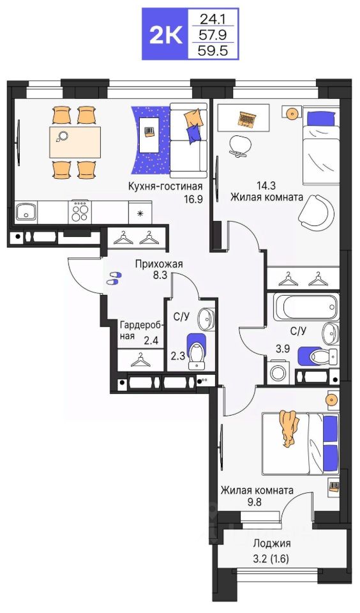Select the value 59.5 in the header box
point(213,50)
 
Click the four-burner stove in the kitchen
point(80,212)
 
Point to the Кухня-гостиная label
point(165,186)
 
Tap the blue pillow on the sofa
point(193,133)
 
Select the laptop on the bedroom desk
point(247,117)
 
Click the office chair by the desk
point(239,146)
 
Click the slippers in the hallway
point(114,278)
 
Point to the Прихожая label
point(159,264)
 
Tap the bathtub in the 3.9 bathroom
point(305,308)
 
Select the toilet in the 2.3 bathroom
point(197,351)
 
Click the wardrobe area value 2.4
point(151,341)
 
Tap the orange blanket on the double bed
point(289,428)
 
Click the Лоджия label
point(272,543)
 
